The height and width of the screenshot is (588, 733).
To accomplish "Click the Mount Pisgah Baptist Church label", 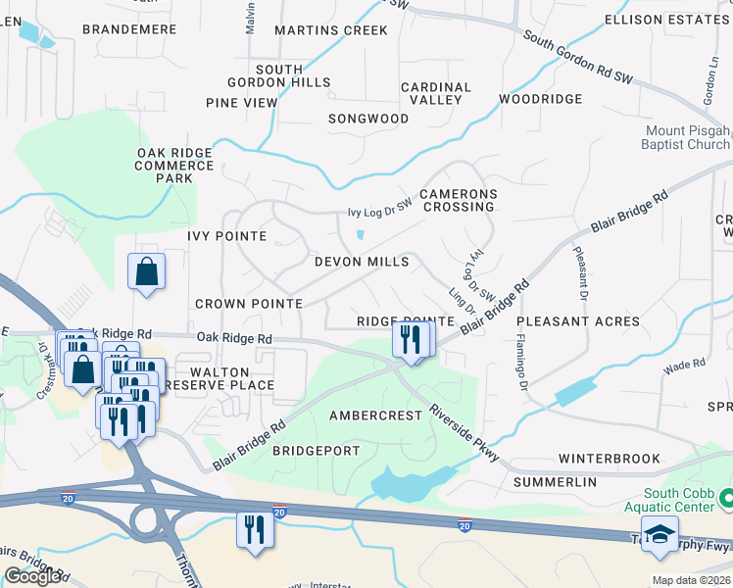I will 687,137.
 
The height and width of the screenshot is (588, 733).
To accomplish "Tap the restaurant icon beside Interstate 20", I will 255,530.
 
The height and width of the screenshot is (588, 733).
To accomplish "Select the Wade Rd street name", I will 684,365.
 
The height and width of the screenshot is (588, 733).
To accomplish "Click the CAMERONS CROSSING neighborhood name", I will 459,200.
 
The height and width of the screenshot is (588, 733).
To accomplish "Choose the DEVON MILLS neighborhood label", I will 362,262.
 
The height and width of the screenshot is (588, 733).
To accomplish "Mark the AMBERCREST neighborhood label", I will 375,415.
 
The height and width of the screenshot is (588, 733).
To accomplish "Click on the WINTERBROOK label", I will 605,458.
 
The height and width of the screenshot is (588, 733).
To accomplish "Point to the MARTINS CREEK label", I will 331,30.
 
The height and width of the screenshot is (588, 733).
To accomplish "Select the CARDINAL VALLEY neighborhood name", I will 436,93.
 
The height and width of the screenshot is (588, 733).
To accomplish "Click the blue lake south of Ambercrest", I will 402,482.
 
